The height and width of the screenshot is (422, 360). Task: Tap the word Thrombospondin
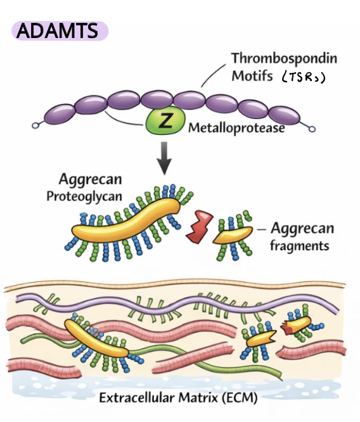284,59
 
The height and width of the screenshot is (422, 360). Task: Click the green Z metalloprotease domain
165,122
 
